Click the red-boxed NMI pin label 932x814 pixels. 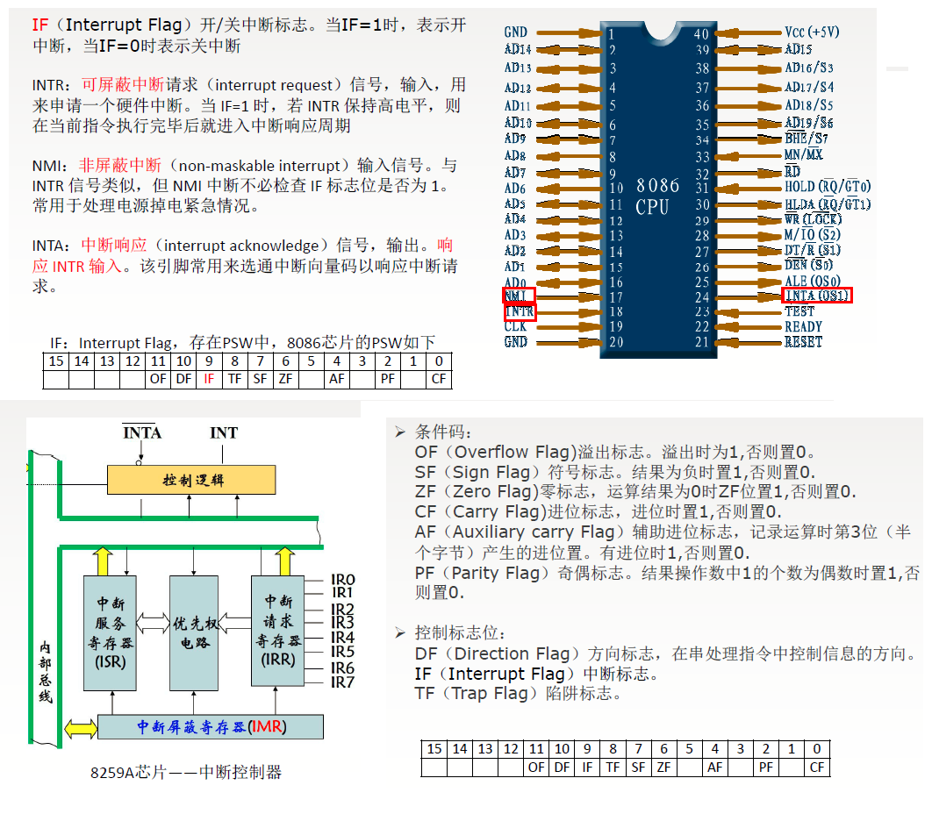tap(518, 296)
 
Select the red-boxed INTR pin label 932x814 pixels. tap(520, 311)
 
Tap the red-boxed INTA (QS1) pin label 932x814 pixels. tap(816, 295)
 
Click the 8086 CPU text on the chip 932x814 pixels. tap(657, 196)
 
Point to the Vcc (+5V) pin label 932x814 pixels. tap(812, 32)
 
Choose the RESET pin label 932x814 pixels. tap(803, 342)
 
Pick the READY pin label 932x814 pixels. tap(803, 326)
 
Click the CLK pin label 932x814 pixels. tap(516, 326)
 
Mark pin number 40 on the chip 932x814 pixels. tap(701, 33)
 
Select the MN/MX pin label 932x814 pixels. tap(803, 155)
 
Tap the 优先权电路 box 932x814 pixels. tap(193, 632)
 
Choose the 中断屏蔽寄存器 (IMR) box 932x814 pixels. tap(211, 727)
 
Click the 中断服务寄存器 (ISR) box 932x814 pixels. tap(111, 632)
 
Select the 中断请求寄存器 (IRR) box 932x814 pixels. tap(279, 632)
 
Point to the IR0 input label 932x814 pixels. tap(342, 580)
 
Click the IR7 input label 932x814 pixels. tap(342, 682)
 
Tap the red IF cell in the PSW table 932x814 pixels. tap(209, 379)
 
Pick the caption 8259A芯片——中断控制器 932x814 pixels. tap(186, 773)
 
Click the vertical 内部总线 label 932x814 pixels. tap(45, 671)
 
